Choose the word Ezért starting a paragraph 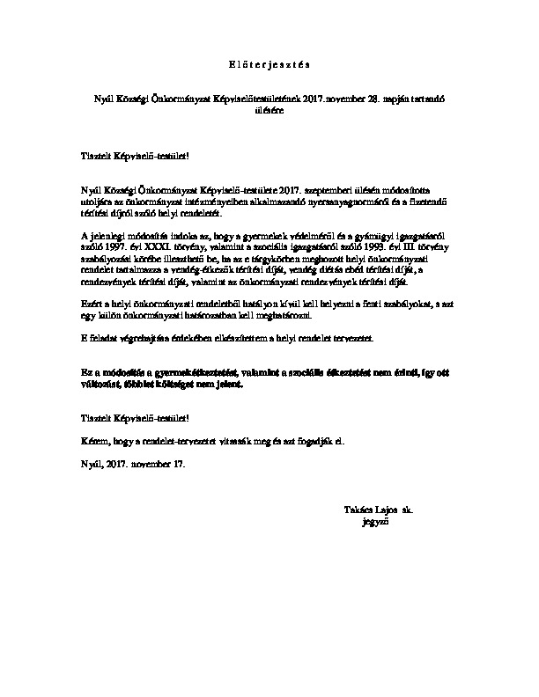[x=91, y=304]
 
